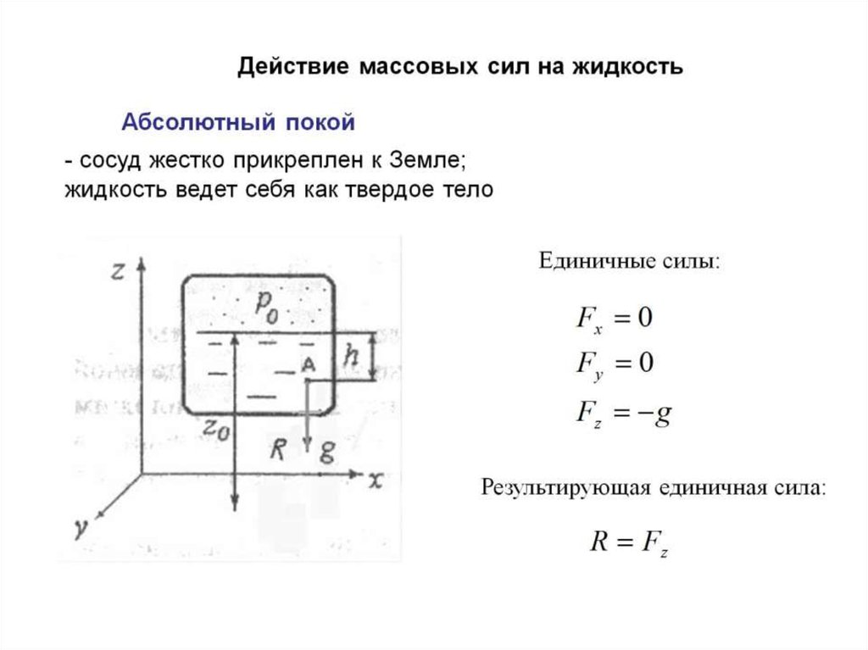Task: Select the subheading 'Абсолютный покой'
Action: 238,122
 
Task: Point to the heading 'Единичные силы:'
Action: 630,260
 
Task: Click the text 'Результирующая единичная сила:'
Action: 653,487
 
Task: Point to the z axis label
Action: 119,270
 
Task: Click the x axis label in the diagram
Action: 376,481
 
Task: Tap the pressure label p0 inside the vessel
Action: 266,306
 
